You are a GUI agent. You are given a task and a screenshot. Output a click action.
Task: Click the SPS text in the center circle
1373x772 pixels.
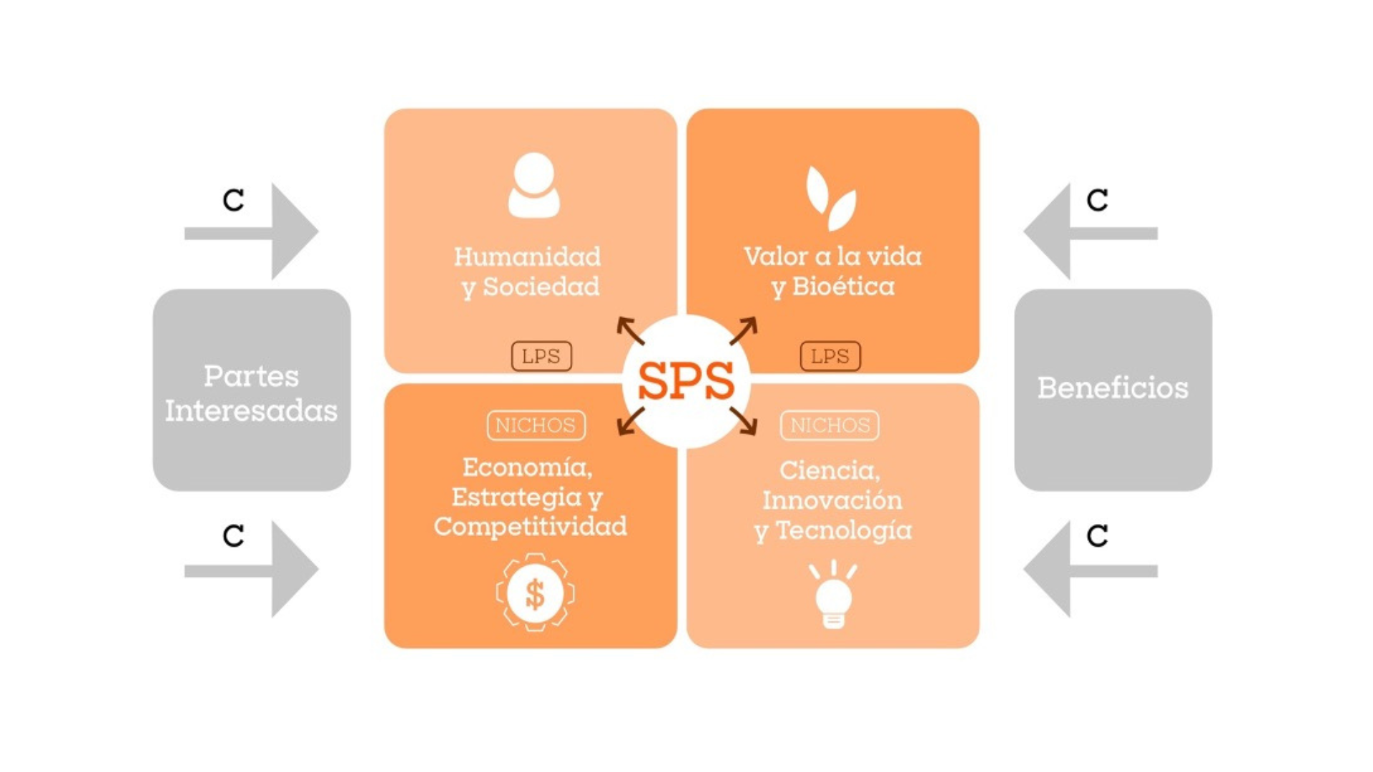(685, 380)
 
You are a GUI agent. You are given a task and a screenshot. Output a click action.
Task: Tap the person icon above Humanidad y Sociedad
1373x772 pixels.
(533, 185)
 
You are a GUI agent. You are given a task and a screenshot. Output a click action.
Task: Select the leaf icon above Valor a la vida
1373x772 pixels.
(831, 198)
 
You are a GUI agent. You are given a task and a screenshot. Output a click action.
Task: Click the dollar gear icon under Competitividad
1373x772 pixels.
(535, 593)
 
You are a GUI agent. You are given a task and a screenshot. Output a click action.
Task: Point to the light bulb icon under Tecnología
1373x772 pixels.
(833, 595)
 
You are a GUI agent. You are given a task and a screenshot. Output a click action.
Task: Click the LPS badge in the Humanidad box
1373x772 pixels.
(541, 356)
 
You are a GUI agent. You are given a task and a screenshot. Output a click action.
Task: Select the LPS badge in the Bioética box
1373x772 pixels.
(830, 356)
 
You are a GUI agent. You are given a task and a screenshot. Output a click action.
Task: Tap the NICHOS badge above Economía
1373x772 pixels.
(536, 425)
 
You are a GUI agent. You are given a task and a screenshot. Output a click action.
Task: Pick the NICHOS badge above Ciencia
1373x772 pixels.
(830, 425)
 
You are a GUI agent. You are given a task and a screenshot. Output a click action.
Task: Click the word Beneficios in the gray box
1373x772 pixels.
(1113, 388)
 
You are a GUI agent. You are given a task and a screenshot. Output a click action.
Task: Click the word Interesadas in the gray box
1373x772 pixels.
(251, 411)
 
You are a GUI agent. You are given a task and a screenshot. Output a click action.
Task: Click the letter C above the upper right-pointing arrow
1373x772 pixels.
(233, 200)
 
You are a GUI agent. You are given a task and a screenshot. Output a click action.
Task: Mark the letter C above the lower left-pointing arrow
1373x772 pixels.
(1097, 536)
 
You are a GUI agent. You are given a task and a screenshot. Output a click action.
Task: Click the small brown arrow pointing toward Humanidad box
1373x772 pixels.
(630, 330)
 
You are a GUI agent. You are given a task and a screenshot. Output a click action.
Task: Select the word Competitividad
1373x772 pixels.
(530, 527)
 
